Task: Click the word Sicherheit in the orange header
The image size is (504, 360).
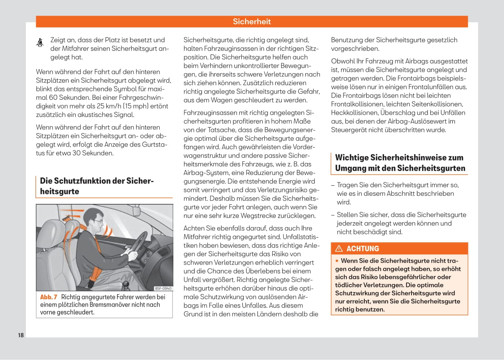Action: tap(252, 22)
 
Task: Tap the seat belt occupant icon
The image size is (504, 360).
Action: tap(40, 43)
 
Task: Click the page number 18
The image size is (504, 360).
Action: tap(21, 335)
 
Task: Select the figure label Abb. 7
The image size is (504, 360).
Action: tap(49, 297)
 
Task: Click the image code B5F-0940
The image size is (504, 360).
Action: tap(163, 288)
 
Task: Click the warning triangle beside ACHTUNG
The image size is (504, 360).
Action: tap(339, 249)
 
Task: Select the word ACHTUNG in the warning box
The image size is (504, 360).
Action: tap(362, 249)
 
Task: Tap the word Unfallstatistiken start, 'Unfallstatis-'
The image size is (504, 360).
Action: tap(298, 237)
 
